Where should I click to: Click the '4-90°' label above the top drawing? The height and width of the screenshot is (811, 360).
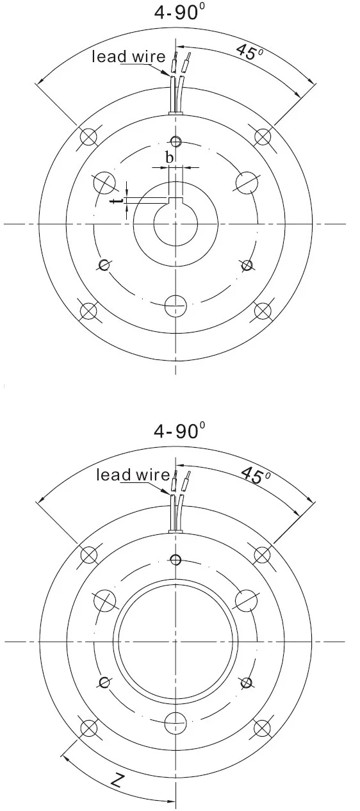[179, 12]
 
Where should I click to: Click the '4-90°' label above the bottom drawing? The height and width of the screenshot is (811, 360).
[179, 430]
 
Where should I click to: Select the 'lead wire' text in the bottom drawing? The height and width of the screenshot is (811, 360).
[133, 475]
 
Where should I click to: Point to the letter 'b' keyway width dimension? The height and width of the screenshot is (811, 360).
[169, 157]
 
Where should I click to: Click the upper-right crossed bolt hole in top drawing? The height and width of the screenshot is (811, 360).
[263, 136]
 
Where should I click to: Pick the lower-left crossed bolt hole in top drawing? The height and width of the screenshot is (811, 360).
[88, 311]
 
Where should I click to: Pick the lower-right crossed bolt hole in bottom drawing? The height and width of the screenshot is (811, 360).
[263, 728]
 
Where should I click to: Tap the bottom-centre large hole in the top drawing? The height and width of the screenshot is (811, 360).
[176, 306]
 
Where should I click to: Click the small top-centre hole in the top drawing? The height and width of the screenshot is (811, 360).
[176, 141]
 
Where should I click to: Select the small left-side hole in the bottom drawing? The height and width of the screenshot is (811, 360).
[104, 682]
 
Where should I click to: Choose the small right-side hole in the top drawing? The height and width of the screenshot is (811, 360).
[247, 264]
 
